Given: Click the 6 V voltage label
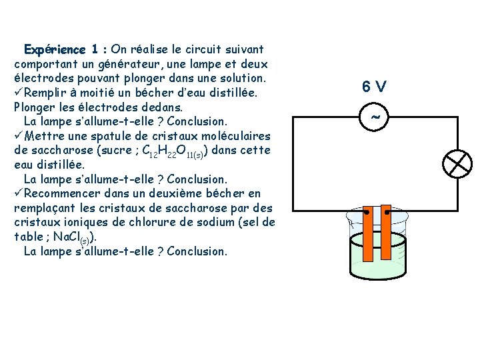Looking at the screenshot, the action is [374, 87].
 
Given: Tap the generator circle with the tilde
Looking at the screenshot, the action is [374, 117].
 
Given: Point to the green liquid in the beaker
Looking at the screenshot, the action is [377, 273].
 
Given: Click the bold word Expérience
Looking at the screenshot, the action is [55, 49].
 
